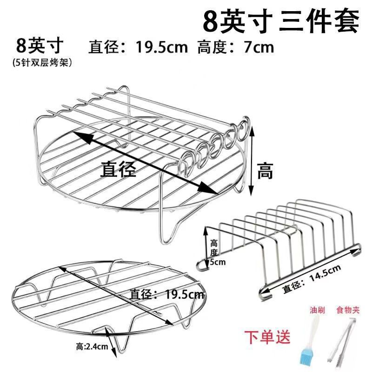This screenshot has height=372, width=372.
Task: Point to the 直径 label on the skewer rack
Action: coord(119,169)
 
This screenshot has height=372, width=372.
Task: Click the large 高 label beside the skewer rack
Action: coord(265,172)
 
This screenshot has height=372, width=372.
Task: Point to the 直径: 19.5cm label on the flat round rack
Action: coord(167,294)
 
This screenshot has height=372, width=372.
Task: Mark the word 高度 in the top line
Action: coord(212,47)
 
